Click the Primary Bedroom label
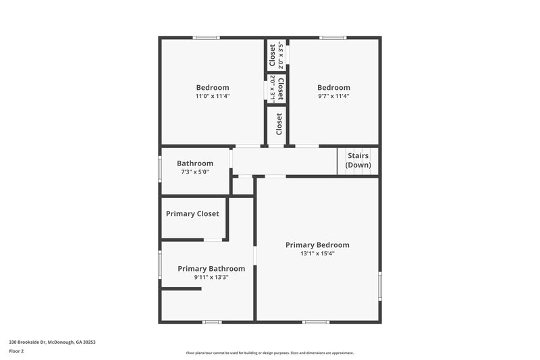coord(317,245)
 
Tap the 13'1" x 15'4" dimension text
coord(317,254)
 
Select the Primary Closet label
coord(192,214)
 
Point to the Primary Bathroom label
coord(211,269)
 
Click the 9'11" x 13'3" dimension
coord(211,278)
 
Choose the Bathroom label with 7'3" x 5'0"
coord(195,163)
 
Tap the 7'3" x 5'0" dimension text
coord(195,172)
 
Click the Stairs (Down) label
coord(358,160)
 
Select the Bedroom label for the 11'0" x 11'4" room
coord(213,87)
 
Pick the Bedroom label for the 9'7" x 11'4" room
coord(333,87)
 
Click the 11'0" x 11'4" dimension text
coord(213,97)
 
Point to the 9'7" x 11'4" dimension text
coord(333,97)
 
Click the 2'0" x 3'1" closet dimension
coord(272,88)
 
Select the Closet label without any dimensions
coord(279,124)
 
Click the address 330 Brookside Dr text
coord(52,342)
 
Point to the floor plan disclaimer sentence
coord(269,353)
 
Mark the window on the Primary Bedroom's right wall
coord(379,285)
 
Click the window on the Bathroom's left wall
coord(160,168)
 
